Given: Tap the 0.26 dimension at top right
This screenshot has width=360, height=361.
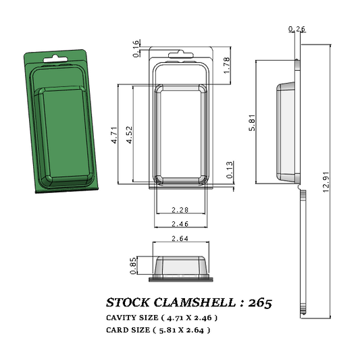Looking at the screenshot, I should [x=296, y=29].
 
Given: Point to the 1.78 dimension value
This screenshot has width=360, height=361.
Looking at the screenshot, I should [x=227, y=65].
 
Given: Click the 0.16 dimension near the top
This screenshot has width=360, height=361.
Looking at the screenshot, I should [x=137, y=49].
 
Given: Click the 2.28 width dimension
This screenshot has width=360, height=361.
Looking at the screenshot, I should [x=180, y=210].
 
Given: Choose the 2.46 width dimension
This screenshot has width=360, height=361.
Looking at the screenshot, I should [x=180, y=223].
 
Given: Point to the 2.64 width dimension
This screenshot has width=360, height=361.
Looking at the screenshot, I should [x=180, y=238].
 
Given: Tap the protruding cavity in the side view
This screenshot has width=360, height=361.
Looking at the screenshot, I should [x=286, y=131].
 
